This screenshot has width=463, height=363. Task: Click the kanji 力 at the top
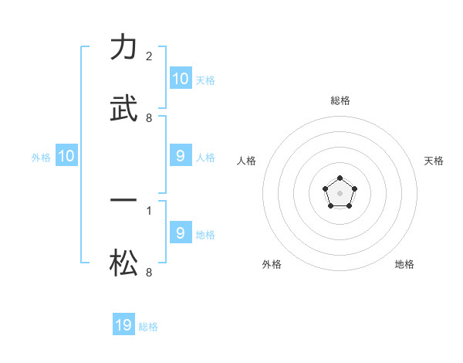tap(123, 48)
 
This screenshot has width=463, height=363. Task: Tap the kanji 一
tap(123, 200)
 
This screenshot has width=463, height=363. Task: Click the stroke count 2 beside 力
tap(149, 56)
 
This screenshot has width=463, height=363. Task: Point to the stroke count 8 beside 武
tap(149, 118)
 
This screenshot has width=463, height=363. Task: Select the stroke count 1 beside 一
tap(149, 209)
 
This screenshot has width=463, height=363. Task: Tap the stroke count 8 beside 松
tap(149, 273)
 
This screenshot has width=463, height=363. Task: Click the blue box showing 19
tap(123, 325)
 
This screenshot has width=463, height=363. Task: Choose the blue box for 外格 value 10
tap(66, 157)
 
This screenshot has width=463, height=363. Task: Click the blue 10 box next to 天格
tap(181, 79)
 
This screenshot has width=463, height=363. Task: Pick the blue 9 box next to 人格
tap(181, 157)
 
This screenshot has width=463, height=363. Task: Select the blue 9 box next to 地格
tap(181, 232)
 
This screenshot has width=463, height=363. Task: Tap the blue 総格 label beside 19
tap(148, 327)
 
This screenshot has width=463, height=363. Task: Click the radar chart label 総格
tap(340, 100)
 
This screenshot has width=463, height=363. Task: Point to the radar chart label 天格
tap(434, 161)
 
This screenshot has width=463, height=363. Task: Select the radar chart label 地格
tap(404, 264)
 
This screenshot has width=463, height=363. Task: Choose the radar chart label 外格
tap(272, 264)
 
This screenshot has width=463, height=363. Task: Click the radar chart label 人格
tap(247, 161)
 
